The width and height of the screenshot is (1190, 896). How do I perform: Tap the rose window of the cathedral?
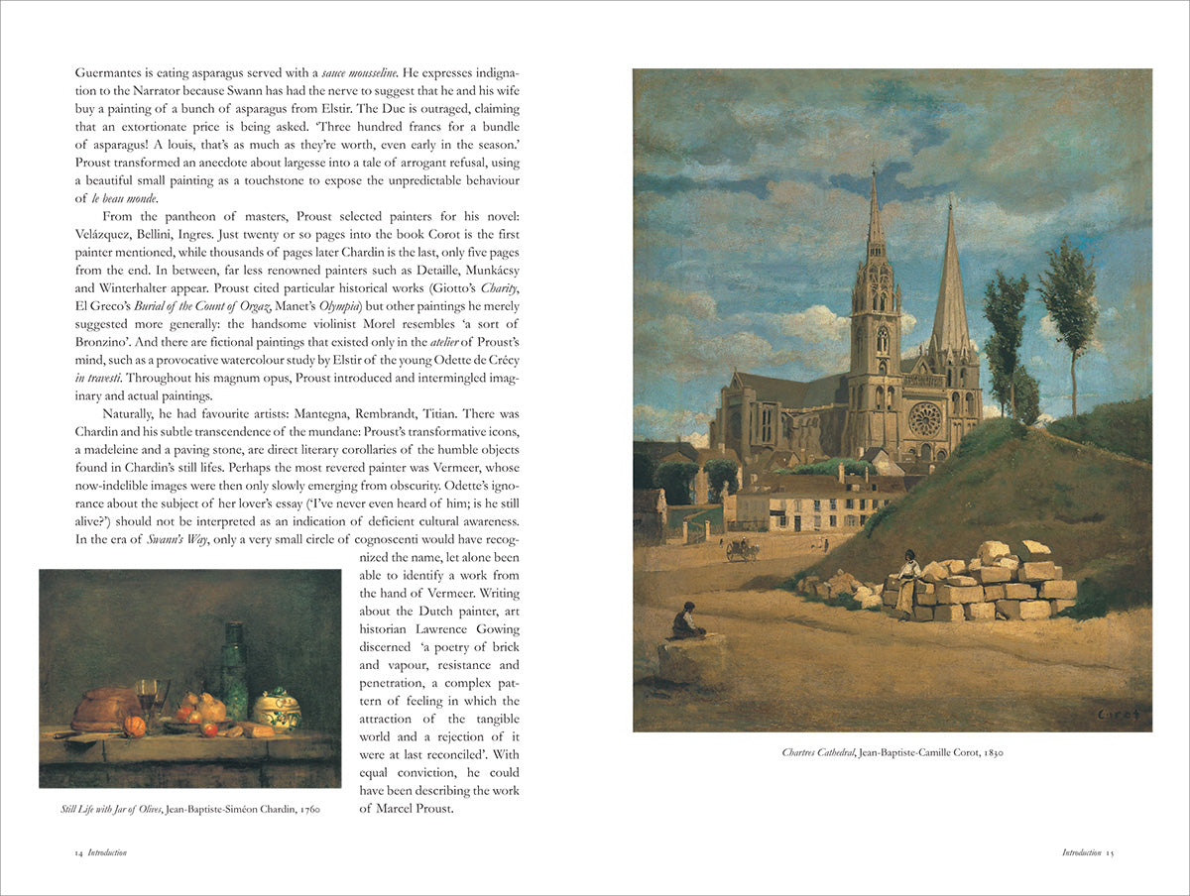point(924,418)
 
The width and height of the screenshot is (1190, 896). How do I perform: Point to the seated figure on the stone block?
point(683,621)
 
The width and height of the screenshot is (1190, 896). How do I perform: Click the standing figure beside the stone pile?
point(907,584)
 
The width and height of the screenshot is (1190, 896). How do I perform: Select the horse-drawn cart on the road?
point(741,550)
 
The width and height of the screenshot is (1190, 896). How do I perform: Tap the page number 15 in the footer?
point(1111,852)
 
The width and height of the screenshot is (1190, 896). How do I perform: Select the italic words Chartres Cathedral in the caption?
point(816,753)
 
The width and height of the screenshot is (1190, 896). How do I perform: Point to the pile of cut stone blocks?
point(982,585)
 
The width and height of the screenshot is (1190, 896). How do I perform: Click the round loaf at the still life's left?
point(104,707)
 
